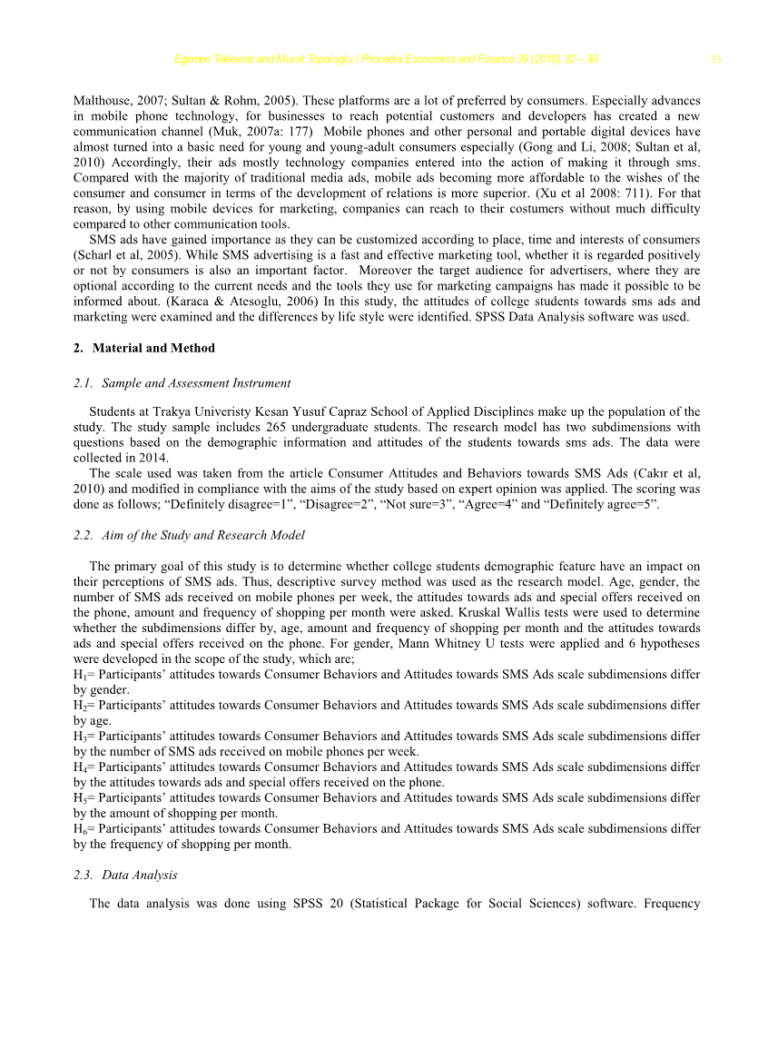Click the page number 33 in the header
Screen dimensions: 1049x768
715,60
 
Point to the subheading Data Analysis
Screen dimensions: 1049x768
140,875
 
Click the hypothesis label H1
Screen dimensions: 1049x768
79,675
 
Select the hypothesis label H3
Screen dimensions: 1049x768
79,737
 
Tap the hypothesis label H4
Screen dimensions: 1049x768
79,767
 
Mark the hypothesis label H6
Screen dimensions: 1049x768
79,829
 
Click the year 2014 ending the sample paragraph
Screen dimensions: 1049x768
152,459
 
